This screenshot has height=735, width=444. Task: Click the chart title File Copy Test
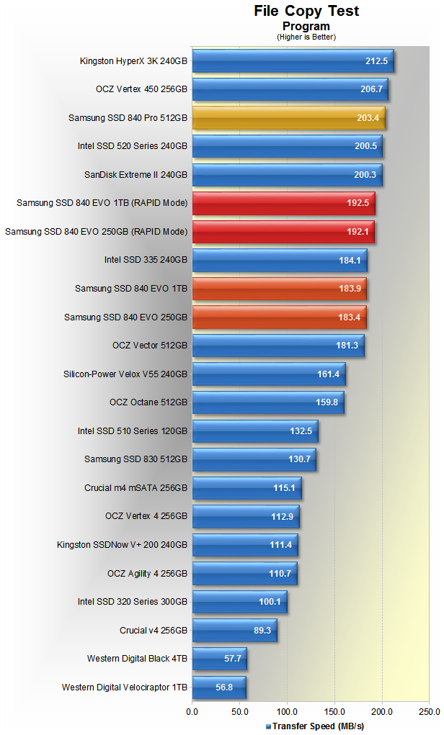point(306,11)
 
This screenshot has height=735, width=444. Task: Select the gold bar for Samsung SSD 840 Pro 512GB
point(288,118)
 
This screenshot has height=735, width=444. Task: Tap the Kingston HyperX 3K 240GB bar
point(293,61)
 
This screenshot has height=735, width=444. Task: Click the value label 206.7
point(371,89)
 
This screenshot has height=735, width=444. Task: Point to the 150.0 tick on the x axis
point(334,712)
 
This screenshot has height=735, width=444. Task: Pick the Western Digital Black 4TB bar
point(219,659)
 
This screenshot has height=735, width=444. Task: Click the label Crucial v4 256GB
point(154,631)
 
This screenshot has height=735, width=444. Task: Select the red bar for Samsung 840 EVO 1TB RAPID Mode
point(283,204)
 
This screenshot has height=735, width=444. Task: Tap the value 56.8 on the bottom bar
point(225,687)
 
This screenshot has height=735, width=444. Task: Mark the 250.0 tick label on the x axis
point(429,712)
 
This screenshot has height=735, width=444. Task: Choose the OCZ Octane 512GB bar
point(268,402)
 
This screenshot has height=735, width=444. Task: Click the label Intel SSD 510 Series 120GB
point(133,431)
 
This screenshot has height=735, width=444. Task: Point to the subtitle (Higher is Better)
point(306,37)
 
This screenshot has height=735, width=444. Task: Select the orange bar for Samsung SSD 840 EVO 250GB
point(279,317)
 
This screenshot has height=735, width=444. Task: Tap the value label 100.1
point(270,602)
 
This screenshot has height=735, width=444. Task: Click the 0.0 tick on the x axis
point(192,712)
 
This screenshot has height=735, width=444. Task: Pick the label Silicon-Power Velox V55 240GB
point(125,374)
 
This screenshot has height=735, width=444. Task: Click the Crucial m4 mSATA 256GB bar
point(247,488)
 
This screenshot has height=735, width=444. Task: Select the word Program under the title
point(306,27)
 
